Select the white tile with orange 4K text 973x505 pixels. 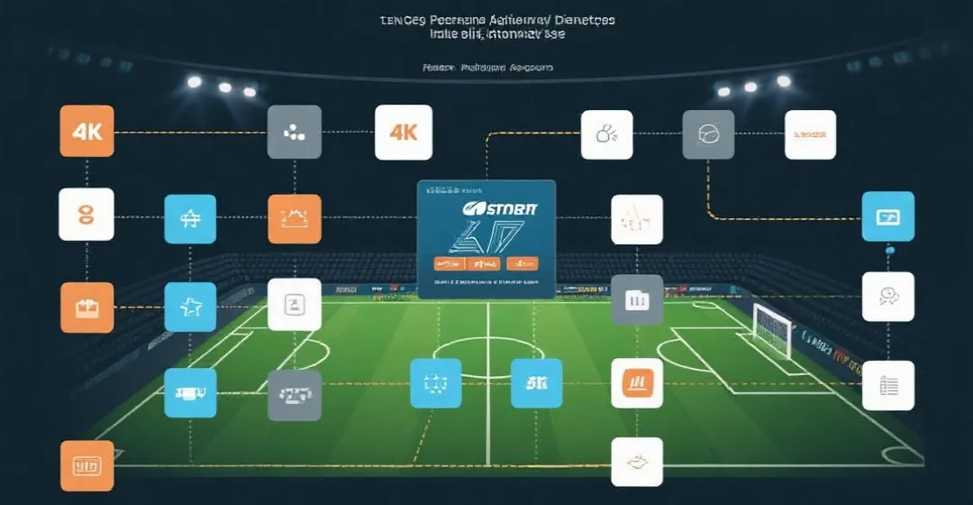click(x=404, y=132)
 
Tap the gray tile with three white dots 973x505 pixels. click(x=295, y=132)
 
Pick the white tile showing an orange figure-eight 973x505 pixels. click(x=86, y=214)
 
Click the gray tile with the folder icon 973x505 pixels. click(x=637, y=299)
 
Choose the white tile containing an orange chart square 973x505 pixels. click(x=637, y=383)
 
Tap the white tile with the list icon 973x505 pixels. click(x=888, y=386)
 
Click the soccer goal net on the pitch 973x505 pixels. click(x=771, y=329)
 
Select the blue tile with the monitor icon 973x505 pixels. click(x=888, y=216)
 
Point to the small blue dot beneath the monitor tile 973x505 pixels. click(x=888, y=252)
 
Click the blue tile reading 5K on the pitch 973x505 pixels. click(x=536, y=383)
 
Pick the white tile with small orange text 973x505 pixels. click(x=810, y=134)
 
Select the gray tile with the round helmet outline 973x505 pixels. click(x=708, y=134)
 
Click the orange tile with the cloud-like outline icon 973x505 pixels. click(x=294, y=218)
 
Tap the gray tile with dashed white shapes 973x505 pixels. click(x=294, y=395)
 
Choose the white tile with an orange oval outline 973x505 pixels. click(x=637, y=462)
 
